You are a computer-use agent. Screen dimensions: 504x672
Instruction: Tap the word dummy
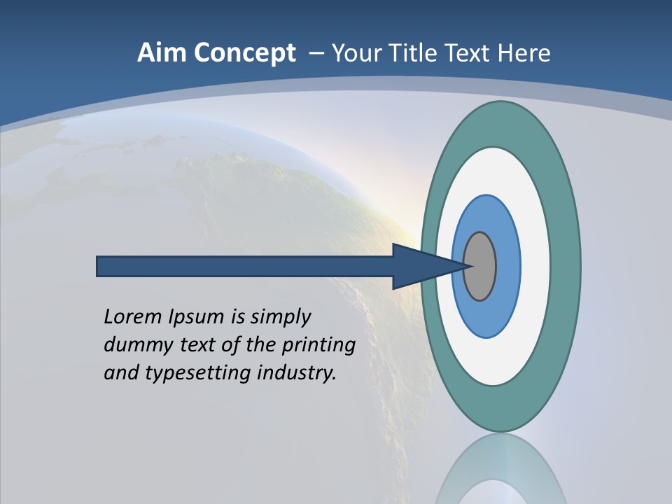[x=131, y=345]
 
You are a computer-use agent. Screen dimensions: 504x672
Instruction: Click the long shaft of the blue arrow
[x=245, y=267]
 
